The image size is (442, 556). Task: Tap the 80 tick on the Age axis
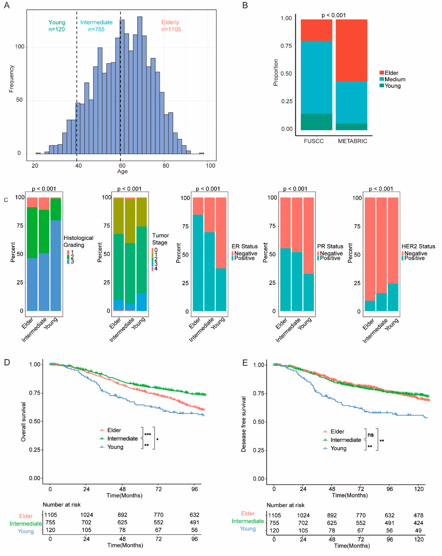[x=166, y=166]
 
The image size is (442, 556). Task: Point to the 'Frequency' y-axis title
[x=11, y=79]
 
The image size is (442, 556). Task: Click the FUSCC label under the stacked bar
[x=314, y=141]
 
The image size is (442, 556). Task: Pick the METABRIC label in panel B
[x=352, y=141]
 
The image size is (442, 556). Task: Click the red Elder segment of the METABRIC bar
[x=351, y=50]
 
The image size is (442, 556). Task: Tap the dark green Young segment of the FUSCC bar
[x=316, y=122]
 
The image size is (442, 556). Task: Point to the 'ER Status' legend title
[x=244, y=246]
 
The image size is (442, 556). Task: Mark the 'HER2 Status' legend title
[x=418, y=246]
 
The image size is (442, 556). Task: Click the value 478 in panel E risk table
[x=418, y=515]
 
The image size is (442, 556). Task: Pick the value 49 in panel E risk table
[x=418, y=530]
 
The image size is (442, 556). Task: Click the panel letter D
[x=7, y=362]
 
